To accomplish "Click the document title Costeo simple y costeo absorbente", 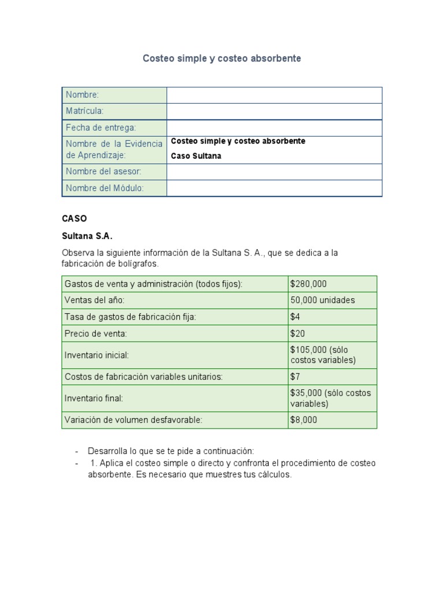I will (x=222, y=58).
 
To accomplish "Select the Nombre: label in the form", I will (x=82, y=95).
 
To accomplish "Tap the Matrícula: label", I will (x=84, y=111).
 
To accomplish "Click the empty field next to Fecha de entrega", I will (x=274, y=127).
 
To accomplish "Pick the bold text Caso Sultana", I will (x=196, y=156).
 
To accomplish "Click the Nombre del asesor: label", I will (x=103, y=171).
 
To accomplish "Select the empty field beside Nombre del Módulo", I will (x=274, y=188).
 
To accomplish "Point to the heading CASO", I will (x=74, y=219).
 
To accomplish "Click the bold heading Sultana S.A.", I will (x=87, y=236).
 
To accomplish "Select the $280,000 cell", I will (x=308, y=284).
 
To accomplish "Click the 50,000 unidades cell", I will (x=323, y=300).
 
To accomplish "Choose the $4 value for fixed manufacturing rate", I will (x=295, y=317).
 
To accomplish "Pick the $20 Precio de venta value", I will (x=298, y=334).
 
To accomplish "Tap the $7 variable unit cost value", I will (x=295, y=376).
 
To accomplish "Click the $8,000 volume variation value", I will (x=304, y=420).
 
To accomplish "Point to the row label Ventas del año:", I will (x=94, y=300).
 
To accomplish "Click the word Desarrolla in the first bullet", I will (x=107, y=451).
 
